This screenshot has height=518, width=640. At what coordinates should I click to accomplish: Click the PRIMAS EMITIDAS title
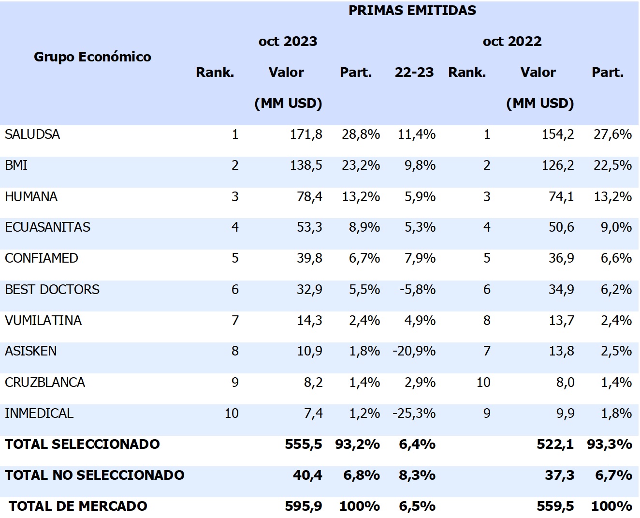(412, 11)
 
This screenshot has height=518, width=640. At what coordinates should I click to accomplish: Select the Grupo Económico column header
(92, 57)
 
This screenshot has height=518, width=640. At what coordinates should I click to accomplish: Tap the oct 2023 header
(288, 42)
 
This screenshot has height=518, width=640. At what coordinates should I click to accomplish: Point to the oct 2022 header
(512, 42)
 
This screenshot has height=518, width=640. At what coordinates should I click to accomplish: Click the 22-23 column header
(414, 73)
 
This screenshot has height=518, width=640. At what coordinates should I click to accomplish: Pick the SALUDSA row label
(32, 134)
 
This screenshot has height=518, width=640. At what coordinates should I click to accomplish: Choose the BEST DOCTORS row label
(52, 290)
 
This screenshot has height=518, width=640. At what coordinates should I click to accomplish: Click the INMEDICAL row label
(39, 414)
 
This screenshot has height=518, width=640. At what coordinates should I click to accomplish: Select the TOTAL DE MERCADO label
(78, 506)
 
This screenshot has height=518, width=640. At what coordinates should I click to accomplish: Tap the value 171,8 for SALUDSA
(306, 134)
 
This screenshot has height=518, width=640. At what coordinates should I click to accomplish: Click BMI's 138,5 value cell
(306, 165)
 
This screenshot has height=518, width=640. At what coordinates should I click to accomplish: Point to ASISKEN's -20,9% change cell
(414, 351)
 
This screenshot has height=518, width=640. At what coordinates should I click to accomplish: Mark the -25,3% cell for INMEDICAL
(414, 414)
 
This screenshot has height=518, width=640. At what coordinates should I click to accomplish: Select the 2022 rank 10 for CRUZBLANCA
(483, 383)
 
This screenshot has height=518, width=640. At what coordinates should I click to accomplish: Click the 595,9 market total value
(304, 506)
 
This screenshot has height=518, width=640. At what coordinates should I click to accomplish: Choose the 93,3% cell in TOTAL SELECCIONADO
(609, 444)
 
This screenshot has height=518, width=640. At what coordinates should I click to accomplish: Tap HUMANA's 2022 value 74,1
(561, 197)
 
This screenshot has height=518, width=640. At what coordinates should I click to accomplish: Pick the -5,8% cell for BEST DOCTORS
(417, 290)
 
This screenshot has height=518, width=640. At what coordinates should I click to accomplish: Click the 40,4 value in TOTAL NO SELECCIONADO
(307, 475)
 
